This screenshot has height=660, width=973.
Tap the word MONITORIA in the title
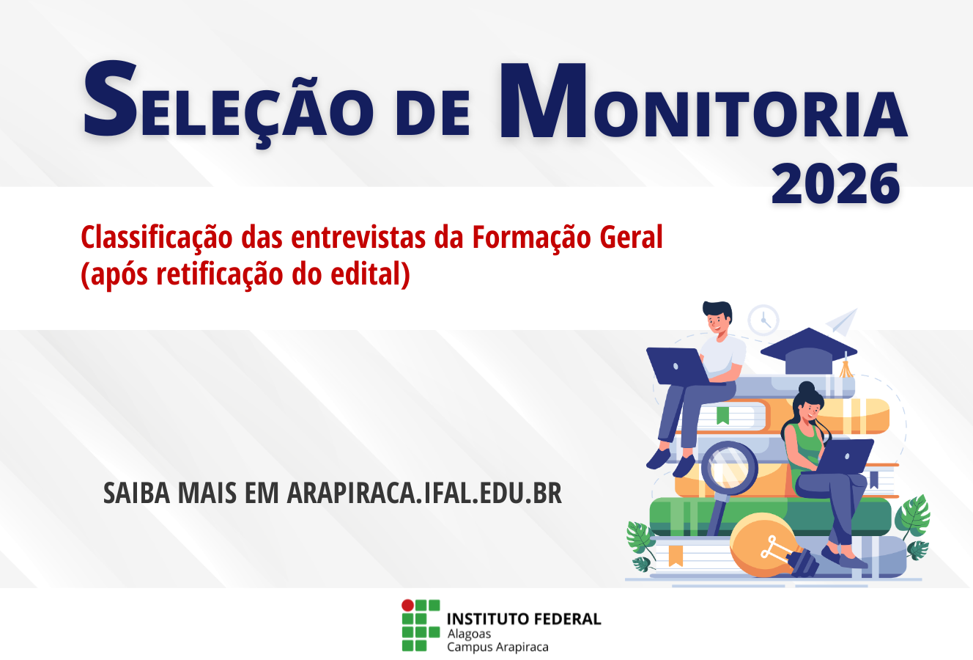(x=703, y=103)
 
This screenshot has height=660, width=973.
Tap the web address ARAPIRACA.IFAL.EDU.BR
(x=424, y=494)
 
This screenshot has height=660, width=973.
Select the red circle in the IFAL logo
(x=407, y=606)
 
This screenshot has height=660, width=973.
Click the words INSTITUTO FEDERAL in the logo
(x=524, y=618)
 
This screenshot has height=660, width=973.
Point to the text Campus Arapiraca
(x=497, y=647)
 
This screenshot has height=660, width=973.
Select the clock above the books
(x=763, y=320)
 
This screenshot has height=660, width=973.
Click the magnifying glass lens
(x=729, y=466)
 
